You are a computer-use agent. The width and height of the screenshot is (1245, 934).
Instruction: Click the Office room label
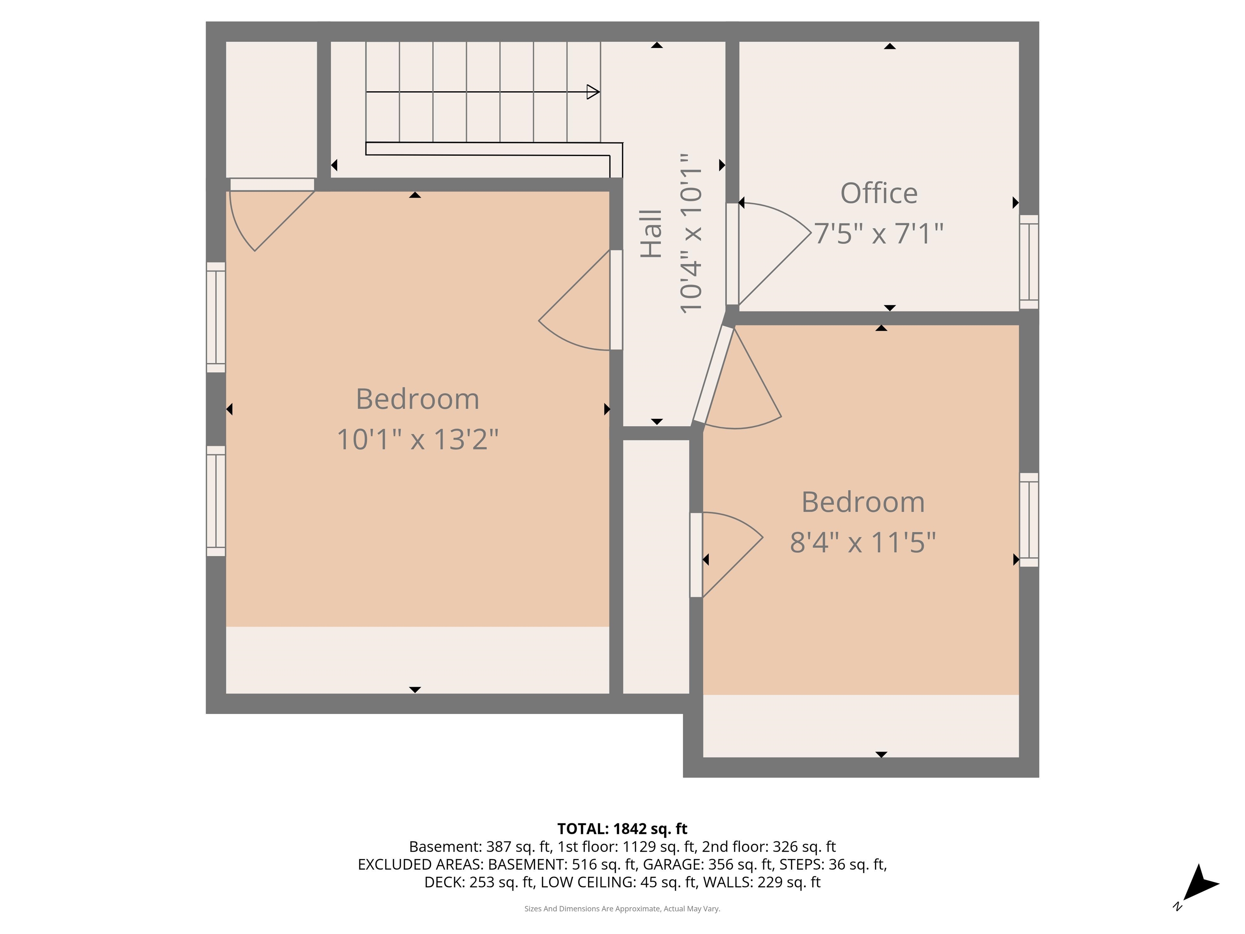[879, 194]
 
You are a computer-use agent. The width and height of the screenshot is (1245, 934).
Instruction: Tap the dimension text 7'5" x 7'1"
[879, 233]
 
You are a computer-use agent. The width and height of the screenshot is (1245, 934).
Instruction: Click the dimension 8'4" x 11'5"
[862, 543]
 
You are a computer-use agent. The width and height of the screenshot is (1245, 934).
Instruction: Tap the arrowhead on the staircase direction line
[593, 92]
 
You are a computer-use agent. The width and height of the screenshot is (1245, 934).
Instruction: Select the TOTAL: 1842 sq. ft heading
[622, 829]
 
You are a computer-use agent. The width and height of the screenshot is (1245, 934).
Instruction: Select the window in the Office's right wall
[1029, 262]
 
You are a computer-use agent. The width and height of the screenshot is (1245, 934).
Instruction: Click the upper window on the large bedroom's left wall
[216, 317]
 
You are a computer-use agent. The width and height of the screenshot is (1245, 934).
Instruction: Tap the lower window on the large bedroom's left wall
[216, 501]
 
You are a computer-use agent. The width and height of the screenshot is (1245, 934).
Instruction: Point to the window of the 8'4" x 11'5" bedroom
[1029, 520]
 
